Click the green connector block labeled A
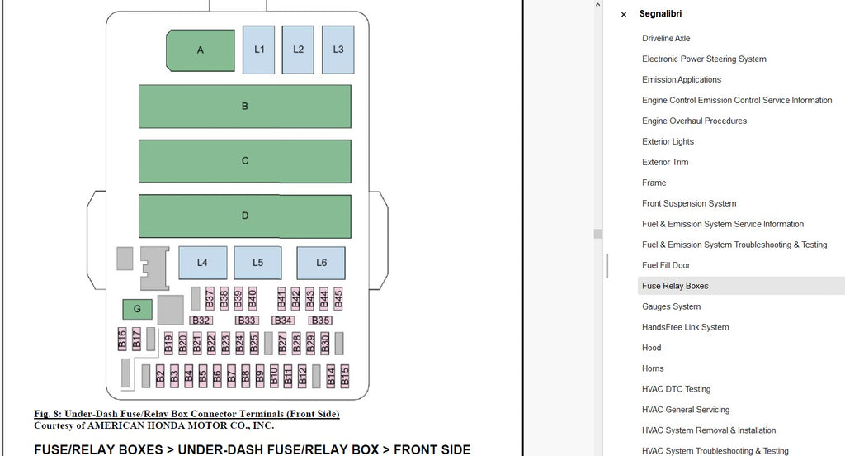pos(201,50)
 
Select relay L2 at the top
pos(298,50)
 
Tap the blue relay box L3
pos(338,50)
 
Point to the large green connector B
pos(244,107)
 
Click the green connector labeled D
pos(244,216)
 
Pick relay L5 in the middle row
pos(257,263)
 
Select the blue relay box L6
pos(321,263)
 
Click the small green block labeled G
pos(137,310)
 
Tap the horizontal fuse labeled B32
pos(201,321)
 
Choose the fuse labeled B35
pos(320,321)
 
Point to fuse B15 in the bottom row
pos(345,377)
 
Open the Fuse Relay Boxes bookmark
pos(675,286)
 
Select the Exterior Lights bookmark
pos(668,141)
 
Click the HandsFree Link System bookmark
pos(685,327)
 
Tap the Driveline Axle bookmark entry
pos(666,38)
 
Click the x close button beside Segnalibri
pos(624,14)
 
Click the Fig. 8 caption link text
pos(186,414)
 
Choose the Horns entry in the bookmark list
pos(653,368)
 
